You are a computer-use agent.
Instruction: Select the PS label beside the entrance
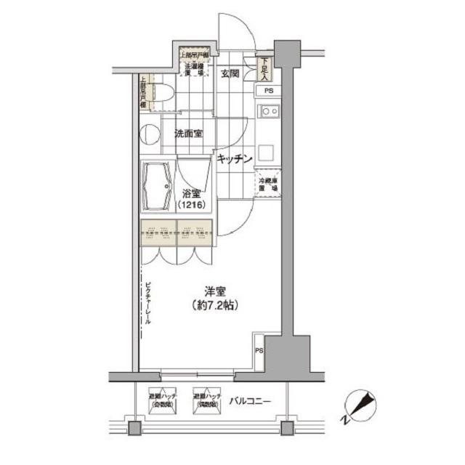(269, 91)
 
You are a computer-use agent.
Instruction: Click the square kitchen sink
(267, 153)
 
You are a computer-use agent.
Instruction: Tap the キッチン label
(233, 158)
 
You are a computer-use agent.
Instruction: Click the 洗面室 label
(188, 134)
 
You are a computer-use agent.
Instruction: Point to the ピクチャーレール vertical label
(147, 301)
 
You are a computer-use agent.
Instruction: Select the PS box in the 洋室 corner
(259, 349)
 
